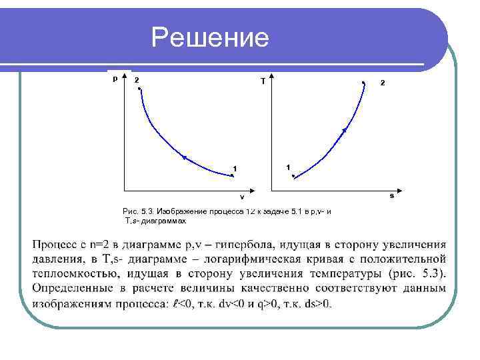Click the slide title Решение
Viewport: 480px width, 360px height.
click(x=210, y=38)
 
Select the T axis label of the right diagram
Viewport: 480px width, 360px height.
click(x=263, y=81)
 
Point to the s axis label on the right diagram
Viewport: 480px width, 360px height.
click(x=391, y=196)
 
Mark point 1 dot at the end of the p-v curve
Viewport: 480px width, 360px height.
click(x=232, y=175)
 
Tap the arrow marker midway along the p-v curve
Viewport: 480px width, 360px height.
click(x=184, y=157)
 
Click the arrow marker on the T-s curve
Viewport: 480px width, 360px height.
click(x=345, y=131)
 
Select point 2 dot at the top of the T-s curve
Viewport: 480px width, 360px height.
click(x=363, y=83)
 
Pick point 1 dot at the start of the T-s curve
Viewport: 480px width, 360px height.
click(x=293, y=176)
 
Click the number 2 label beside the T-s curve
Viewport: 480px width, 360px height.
click(x=382, y=83)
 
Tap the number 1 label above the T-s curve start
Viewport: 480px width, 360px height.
click(x=287, y=166)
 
